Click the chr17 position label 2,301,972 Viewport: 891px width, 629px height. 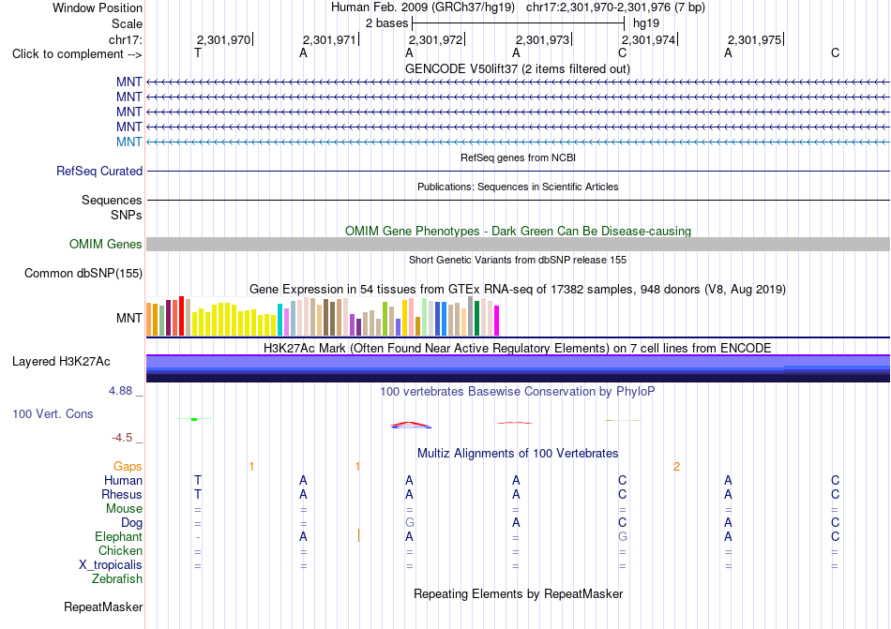pyautogui.click(x=435, y=39)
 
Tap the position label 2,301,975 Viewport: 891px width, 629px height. pyautogui.click(x=755, y=39)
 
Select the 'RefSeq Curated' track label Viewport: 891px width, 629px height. pyautogui.click(x=99, y=171)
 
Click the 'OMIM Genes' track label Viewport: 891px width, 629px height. pyautogui.click(x=106, y=244)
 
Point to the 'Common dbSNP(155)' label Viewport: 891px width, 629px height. pyautogui.click(x=83, y=273)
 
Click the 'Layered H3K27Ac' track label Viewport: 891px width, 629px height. pyautogui.click(x=61, y=362)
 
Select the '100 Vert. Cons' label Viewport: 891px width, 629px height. pyautogui.click(x=53, y=413)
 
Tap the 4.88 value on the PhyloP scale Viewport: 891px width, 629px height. pyautogui.click(x=120, y=391)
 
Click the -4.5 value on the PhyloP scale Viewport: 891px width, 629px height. pyautogui.click(x=122, y=437)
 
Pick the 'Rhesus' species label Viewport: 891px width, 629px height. pyautogui.click(x=122, y=494)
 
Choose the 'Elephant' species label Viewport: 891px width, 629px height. pyautogui.click(x=119, y=536)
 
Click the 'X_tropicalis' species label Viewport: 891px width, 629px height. pyautogui.click(x=111, y=565)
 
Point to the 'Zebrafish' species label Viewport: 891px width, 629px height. pyautogui.click(x=117, y=579)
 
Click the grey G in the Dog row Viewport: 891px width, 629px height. pyautogui.click(x=409, y=522)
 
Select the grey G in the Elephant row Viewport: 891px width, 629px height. pyautogui.click(x=622, y=536)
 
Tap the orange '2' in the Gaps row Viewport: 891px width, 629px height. pyautogui.click(x=676, y=467)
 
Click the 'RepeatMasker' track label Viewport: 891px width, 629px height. pyautogui.click(x=103, y=607)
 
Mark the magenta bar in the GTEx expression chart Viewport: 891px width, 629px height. pyautogui.click(x=497, y=321)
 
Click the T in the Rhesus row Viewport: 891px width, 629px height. pyautogui.click(x=198, y=494)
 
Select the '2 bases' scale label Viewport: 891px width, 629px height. pyautogui.click(x=386, y=23)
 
